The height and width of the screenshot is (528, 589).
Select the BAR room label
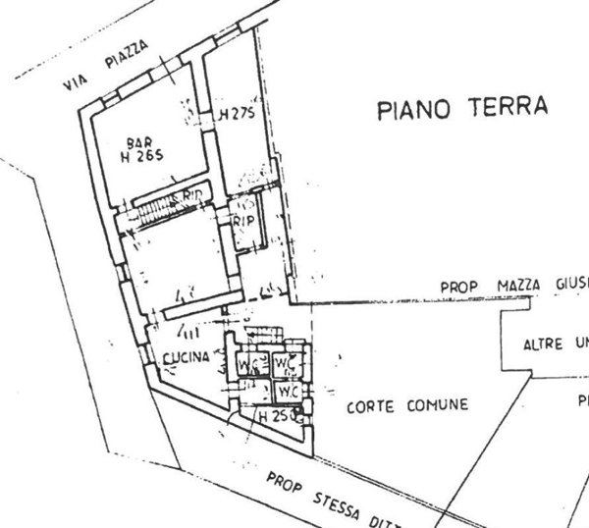[139, 139]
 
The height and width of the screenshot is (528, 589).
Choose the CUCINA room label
[187, 359]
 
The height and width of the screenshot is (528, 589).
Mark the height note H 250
[274, 417]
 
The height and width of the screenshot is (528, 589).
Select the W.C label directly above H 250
[287, 393]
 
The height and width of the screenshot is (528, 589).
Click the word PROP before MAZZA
[457, 287]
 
